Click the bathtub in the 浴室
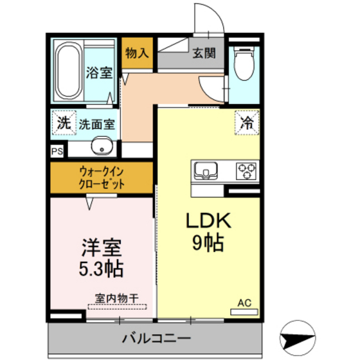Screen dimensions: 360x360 [x=69, y=71]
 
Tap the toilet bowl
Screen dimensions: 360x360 [x=244, y=64]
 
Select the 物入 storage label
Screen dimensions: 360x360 [x=137, y=53]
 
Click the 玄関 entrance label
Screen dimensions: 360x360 [x=204, y=53]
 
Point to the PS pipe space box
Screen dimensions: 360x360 [x=57, y=152]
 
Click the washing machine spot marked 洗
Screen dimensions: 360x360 [x=64, y=123]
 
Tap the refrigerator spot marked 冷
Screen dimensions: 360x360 [x=247, y=122]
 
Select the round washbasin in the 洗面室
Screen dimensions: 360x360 [x=102, y=146]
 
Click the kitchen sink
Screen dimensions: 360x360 [x=206, y=170]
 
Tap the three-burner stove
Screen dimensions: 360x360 [x=246, y=171]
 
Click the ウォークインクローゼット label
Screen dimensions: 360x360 [x=102, y=177]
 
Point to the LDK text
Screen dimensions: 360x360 [x=208, y=221]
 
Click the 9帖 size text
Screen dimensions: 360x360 [x=208, y=243]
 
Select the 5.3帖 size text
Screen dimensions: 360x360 [x=102, y=269]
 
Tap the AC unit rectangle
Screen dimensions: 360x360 [x=244, y=312]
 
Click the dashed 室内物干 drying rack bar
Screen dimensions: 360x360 [x=117, y=307]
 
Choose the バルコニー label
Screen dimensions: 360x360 [x=156, y=338]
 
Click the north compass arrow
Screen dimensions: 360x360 [x=298, y=338]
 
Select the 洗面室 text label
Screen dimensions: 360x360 [x=97, y=125]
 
